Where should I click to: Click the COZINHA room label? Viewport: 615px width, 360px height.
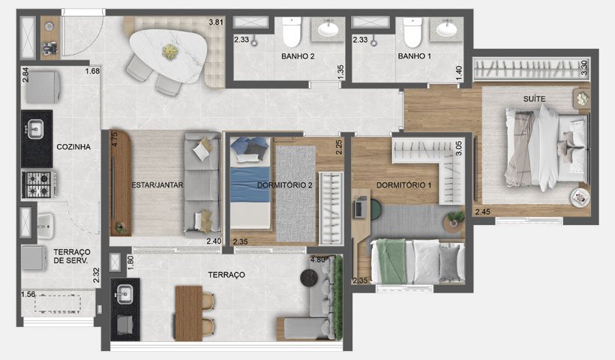[x=73, y=147]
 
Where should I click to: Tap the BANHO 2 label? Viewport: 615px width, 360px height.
[x=298, y=56]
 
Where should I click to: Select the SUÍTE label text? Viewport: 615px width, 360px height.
[x=534, y=99]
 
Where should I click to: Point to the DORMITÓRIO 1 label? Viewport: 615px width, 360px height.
[x=403, y=184]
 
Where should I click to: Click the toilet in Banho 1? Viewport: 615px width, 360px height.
[x=412, y=31]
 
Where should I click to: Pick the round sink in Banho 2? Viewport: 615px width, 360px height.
[x=328, y=28]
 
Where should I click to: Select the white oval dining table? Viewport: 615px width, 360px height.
[x=168, y=55]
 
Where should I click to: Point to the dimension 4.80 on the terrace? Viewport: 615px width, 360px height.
[x=317, y=260]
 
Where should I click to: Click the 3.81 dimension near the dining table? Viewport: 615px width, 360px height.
[x=216, y=22]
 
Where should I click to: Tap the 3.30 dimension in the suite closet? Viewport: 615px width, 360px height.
[x=584, y=67]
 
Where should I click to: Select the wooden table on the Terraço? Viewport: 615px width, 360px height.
[x=189, y=313]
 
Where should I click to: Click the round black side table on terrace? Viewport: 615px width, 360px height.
[x=309, y=278]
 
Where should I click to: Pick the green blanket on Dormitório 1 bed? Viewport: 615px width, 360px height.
[x=391, y=261]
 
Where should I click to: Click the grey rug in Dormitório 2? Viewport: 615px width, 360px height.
[x=295, y=193]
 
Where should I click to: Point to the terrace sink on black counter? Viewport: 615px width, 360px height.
[x=124, y=294]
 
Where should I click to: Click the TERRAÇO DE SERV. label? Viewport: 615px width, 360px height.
[x=72, y=256]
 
